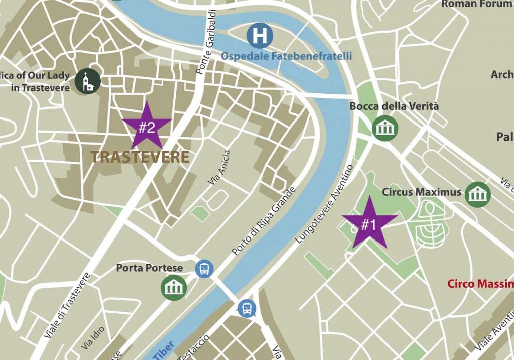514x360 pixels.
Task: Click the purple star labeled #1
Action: [369, 224]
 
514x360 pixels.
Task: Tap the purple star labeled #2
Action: [147, 126]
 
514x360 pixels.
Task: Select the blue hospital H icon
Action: [260, 36]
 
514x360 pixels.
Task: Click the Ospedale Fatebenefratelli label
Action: [286, 56]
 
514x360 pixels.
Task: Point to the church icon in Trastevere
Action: [88, 81]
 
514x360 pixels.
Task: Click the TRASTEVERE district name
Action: [140, 157]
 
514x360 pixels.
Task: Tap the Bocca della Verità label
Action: [394, 106]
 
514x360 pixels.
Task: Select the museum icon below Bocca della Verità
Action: [385, 128]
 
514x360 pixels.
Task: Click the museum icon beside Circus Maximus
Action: [477, 193]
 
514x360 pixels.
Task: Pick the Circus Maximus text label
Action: [421, 192]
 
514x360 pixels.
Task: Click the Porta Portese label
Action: [150, 268]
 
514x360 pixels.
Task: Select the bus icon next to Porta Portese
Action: [204, 269]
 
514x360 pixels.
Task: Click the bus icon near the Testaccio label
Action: [247, 307]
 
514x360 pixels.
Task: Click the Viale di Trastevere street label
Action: [67, 304]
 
